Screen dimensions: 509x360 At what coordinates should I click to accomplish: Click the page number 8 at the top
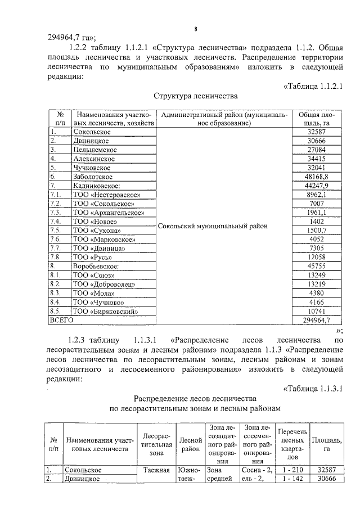(x=195, y=29)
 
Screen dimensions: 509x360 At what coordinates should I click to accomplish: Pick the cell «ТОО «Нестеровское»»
(x=106, y=195)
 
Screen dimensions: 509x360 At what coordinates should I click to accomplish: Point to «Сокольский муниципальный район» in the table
(x=213, y=226)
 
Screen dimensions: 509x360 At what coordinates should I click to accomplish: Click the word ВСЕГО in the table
(x=62, y=320)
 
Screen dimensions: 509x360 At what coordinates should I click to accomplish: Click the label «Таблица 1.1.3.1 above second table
(x=313, y=388)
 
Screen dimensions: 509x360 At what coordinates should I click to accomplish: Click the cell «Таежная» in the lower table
(x=156, y=469)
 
